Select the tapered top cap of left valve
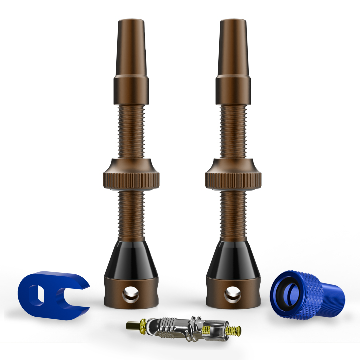(131, 47)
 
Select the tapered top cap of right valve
(233, 47)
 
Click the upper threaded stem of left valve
(131, 132)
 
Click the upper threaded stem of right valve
(233, 132)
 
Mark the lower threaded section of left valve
(131, 215)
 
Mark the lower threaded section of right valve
(233, 215)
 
